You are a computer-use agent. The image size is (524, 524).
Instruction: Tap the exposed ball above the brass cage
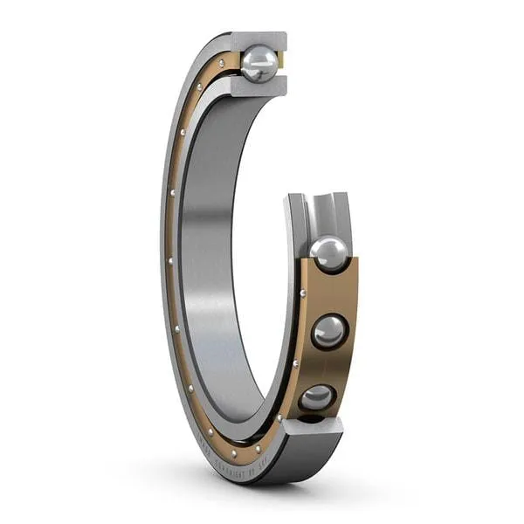coord(328,254)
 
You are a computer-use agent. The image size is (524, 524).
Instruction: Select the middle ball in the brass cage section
coord(329,332)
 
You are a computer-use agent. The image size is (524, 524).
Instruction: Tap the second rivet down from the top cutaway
coord(199,87)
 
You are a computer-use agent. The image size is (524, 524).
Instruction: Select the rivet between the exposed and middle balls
coord(303,293)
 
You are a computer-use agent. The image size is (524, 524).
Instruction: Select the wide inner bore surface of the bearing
coord(210,262)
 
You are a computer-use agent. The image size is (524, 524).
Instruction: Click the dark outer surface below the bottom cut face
coord(306,454)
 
